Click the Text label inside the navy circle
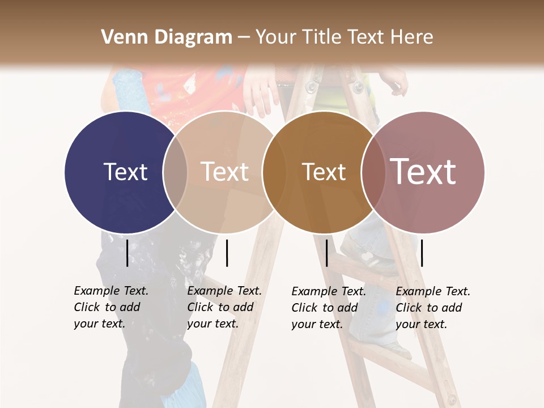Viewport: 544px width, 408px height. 125,172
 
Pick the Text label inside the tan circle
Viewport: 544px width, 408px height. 224,172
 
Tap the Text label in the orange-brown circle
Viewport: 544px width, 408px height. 324,172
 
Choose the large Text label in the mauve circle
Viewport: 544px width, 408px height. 423,172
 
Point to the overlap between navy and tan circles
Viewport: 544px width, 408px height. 175,172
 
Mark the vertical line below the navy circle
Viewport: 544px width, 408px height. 127,253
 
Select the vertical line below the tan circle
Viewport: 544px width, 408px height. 227,253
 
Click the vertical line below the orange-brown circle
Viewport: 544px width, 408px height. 327,253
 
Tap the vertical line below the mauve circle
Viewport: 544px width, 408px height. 422,253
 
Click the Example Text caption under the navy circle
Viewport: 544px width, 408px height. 110,307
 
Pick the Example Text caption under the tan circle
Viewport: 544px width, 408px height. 224,307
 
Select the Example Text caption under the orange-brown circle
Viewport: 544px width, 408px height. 328,308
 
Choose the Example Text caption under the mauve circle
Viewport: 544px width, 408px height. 432,308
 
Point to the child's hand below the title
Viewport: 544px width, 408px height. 261,91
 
